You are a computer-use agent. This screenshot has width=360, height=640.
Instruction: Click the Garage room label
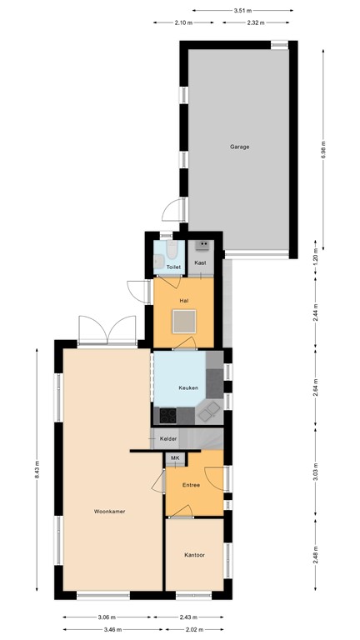[x=240, y=147]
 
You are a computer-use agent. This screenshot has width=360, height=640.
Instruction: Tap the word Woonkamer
[x=109, y=512]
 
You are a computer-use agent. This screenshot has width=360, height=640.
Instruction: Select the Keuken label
[x=187, y=388]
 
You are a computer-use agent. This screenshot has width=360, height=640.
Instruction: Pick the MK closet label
[x=175, y=458]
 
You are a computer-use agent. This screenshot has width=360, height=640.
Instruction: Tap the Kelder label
[x=168, y=437]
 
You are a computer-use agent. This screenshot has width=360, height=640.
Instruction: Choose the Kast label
[x=200, y=263]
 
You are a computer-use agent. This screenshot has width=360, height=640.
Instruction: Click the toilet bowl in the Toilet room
[x=170, y=251]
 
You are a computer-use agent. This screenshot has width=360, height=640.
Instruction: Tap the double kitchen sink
[x=212, y=408]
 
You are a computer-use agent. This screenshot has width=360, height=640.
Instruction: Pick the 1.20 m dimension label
[x=317, y=259]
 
